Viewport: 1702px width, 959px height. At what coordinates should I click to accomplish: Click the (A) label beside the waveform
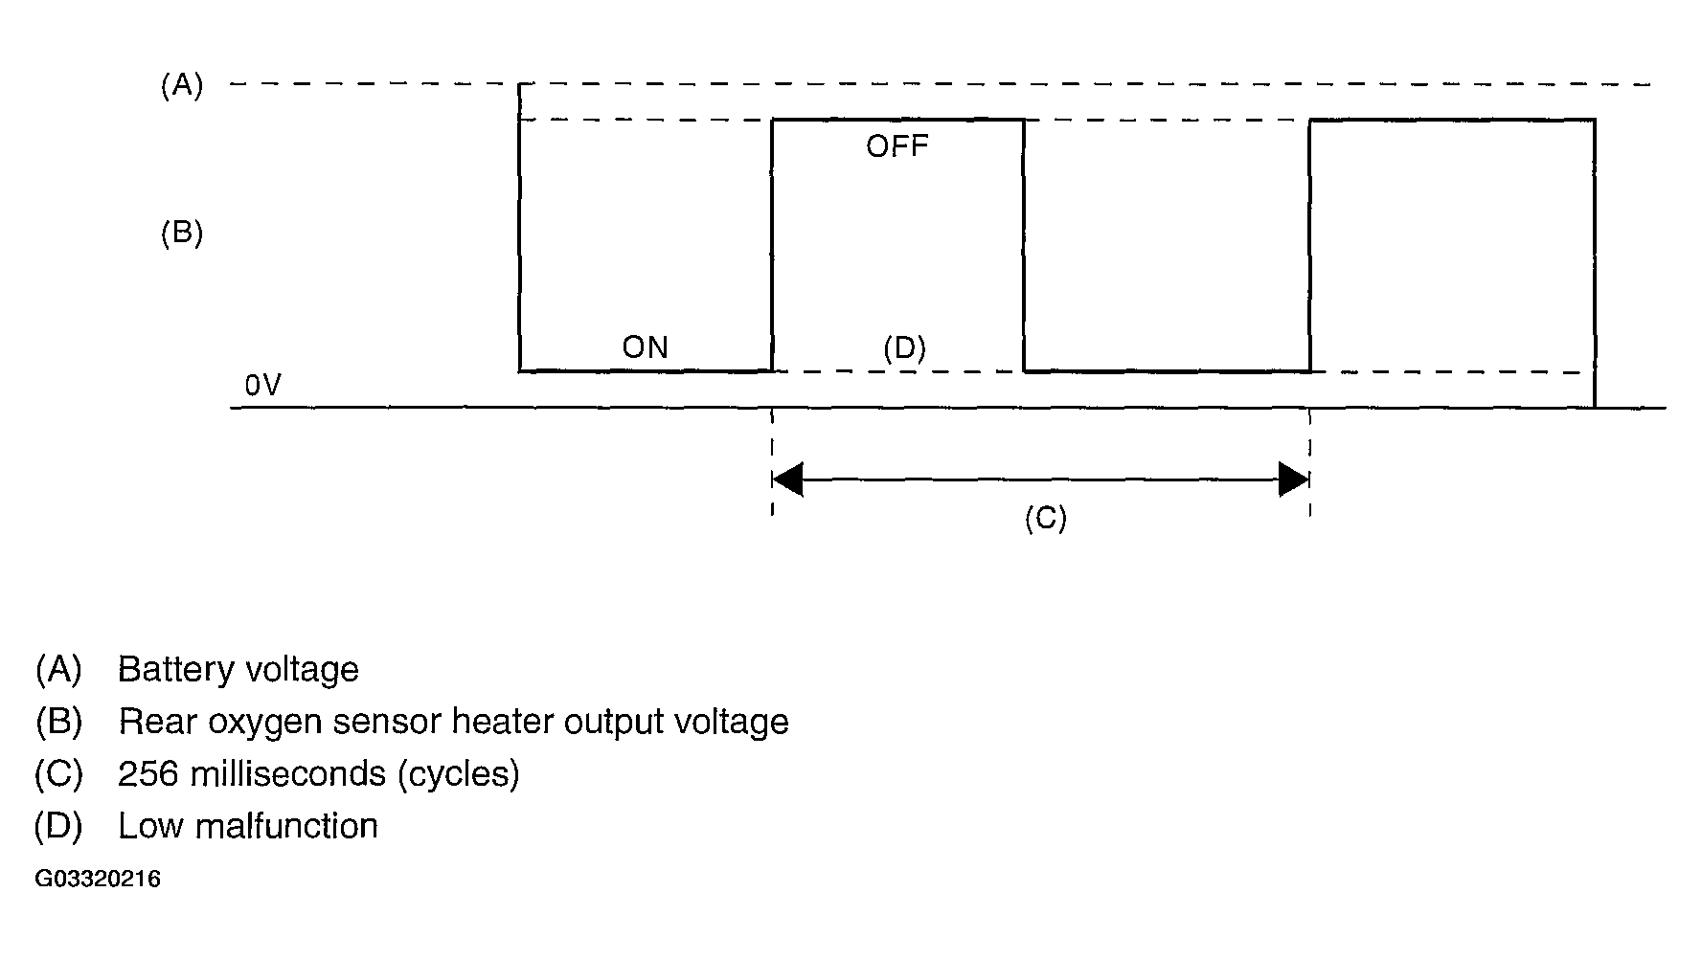point(182,86)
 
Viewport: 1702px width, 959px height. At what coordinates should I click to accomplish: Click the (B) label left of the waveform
point(182,234)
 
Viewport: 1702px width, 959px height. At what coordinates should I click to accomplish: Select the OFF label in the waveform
point(897,146)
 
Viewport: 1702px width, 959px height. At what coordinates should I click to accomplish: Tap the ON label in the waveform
point(646,347)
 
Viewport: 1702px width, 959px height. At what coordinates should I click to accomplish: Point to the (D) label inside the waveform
point(904,348)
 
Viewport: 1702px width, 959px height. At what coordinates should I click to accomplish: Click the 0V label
point(262,386)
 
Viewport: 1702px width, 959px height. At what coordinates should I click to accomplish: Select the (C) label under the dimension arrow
point(1045,518)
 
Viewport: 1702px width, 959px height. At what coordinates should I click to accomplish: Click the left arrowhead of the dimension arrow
point(787,479)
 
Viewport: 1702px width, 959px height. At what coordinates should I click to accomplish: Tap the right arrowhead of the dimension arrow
point(1294,479)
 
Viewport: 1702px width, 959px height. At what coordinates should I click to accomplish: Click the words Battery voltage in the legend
point(238,669)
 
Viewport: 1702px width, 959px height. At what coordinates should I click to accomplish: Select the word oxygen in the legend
point(264,722)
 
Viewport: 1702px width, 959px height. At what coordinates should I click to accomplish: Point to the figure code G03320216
point(98,880)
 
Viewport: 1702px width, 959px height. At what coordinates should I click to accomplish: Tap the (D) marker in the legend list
point(58,826)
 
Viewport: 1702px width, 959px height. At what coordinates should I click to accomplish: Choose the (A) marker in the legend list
point(58,669)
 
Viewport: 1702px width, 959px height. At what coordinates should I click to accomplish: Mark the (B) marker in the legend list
point(58,722)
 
